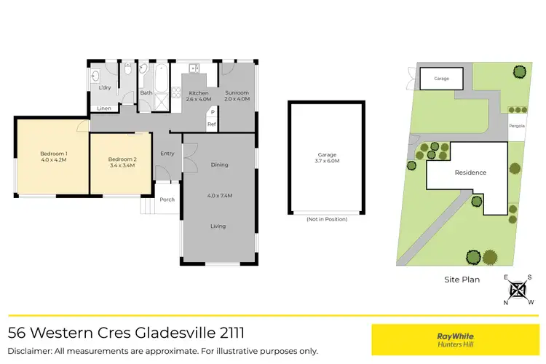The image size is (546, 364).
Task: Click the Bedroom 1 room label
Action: (53, 157)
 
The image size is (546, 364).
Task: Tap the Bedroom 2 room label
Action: (122, 162)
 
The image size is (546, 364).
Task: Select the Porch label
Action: (167, 199)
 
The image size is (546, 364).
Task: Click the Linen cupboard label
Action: (104, 109)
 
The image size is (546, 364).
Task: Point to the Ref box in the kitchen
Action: (212, 124)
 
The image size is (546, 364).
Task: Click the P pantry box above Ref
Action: (212, 112)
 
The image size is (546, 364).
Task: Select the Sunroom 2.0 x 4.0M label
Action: (237, 96)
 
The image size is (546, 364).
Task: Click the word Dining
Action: (219, 165)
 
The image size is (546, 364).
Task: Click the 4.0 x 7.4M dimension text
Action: (219, 195)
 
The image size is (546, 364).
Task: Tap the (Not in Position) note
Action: (326, 219)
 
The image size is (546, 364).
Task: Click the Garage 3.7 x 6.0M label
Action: (326, 158)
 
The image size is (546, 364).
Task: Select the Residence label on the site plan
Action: (470, 173)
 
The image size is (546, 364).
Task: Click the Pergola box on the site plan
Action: (517, 125)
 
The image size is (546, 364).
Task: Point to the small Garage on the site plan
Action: (441, 78)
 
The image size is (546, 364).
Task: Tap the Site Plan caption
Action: (462, 280)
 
